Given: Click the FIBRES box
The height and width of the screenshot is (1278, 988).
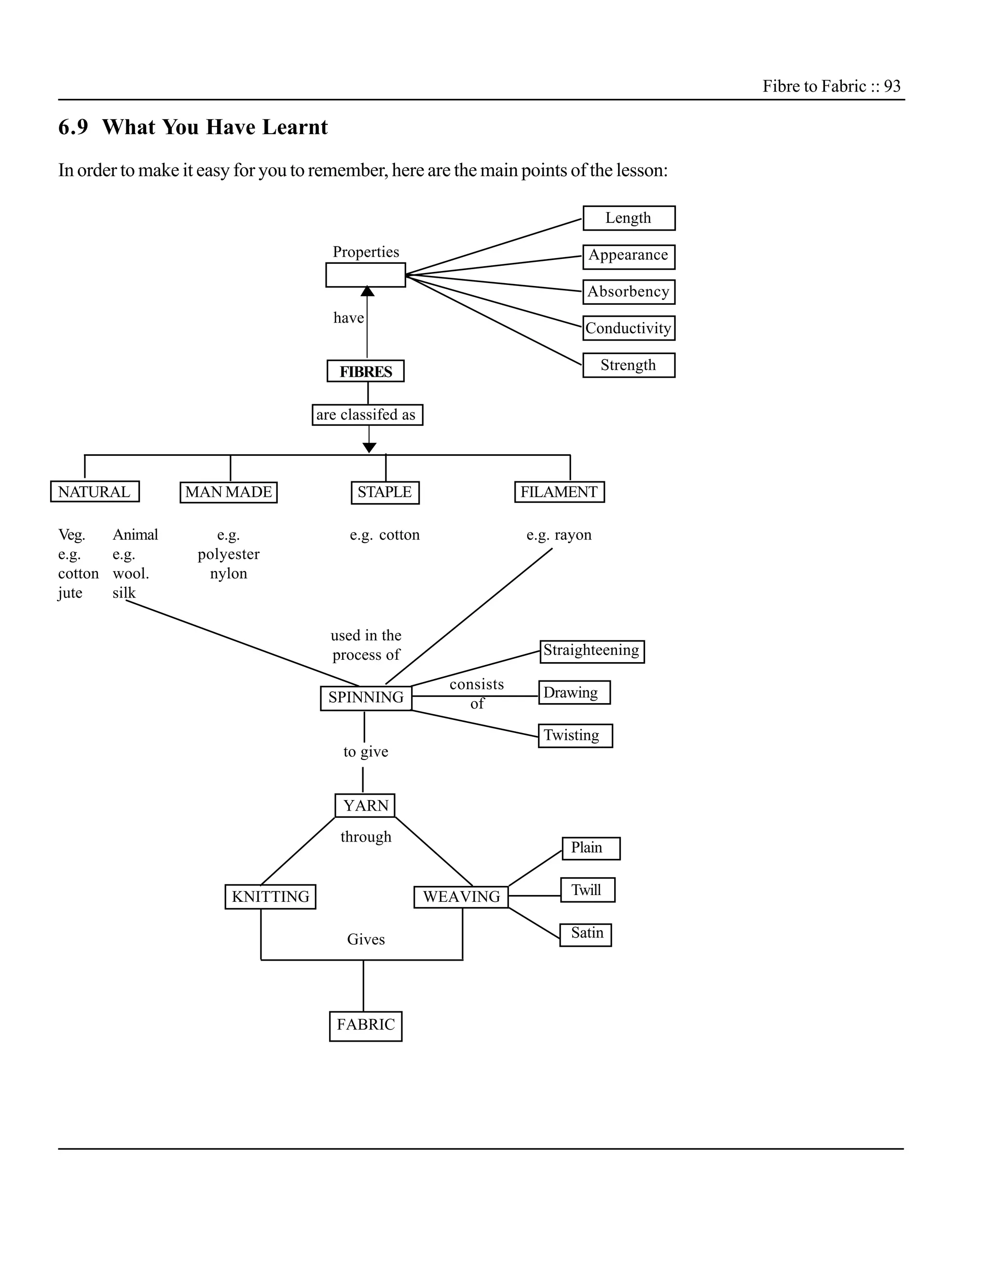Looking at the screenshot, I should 366,371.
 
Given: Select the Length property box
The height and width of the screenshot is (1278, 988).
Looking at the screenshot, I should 629,218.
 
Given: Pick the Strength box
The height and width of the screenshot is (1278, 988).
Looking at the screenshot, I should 629,365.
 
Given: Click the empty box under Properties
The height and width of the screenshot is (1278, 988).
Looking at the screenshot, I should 366,275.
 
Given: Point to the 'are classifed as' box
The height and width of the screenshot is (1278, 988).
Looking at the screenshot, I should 367,415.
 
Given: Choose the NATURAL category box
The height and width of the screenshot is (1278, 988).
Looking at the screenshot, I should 95,492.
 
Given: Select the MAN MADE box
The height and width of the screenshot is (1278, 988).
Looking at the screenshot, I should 228,492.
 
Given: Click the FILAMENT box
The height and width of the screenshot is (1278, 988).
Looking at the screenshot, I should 559,492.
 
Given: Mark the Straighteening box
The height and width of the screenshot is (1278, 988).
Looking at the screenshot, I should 592,651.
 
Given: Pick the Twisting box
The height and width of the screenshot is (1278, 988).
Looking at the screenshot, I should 575,735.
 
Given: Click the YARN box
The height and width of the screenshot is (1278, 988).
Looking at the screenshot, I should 365,806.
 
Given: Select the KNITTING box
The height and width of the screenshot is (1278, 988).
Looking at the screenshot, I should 271,897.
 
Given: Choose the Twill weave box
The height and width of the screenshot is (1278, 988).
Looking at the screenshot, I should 587,890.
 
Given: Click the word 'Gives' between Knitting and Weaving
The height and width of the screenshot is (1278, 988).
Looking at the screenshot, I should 366,939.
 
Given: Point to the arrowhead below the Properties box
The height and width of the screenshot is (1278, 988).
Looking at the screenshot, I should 368,291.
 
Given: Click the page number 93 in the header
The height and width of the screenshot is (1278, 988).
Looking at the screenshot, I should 892,87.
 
